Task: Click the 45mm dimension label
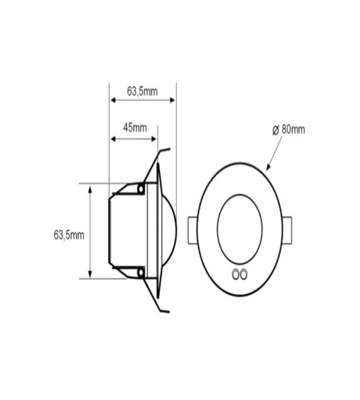(x=135, y=127)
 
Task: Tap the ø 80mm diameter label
(x=289, y=129)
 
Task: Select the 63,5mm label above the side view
(x=142, y=91)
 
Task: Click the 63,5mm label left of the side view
(x=69, y=235)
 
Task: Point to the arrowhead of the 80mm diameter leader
(x=267, y=169)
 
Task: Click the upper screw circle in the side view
(x=141, y=190)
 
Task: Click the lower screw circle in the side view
(x=141, y=272)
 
